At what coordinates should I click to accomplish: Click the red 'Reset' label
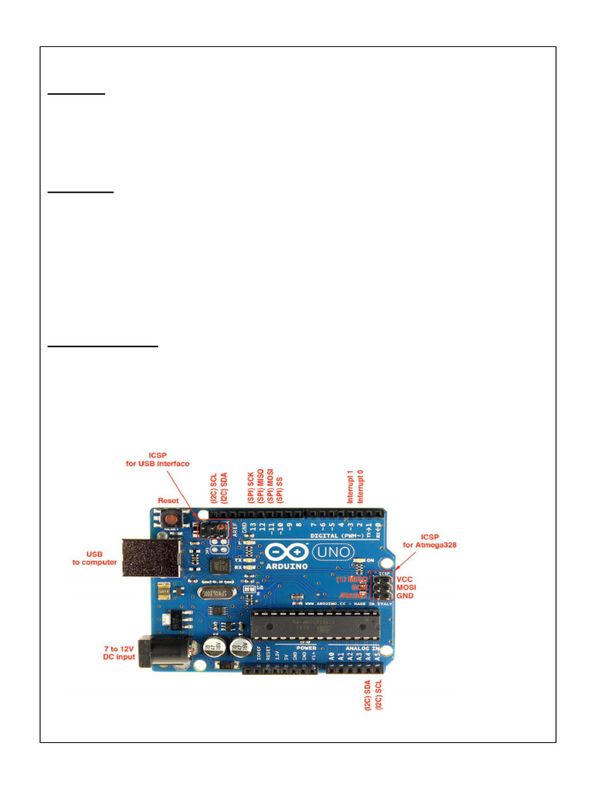coord(168,501)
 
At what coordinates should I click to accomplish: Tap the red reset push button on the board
coord(169,520)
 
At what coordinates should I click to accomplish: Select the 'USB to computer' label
coord(93,558)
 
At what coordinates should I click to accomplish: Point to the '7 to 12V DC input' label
coord(119,653)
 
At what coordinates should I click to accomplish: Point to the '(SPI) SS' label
coord(280,486)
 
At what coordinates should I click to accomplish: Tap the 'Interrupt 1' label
coord(350,486)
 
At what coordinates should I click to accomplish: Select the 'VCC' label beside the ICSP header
coord(405,579)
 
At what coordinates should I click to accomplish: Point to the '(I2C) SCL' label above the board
coord(214,487)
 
